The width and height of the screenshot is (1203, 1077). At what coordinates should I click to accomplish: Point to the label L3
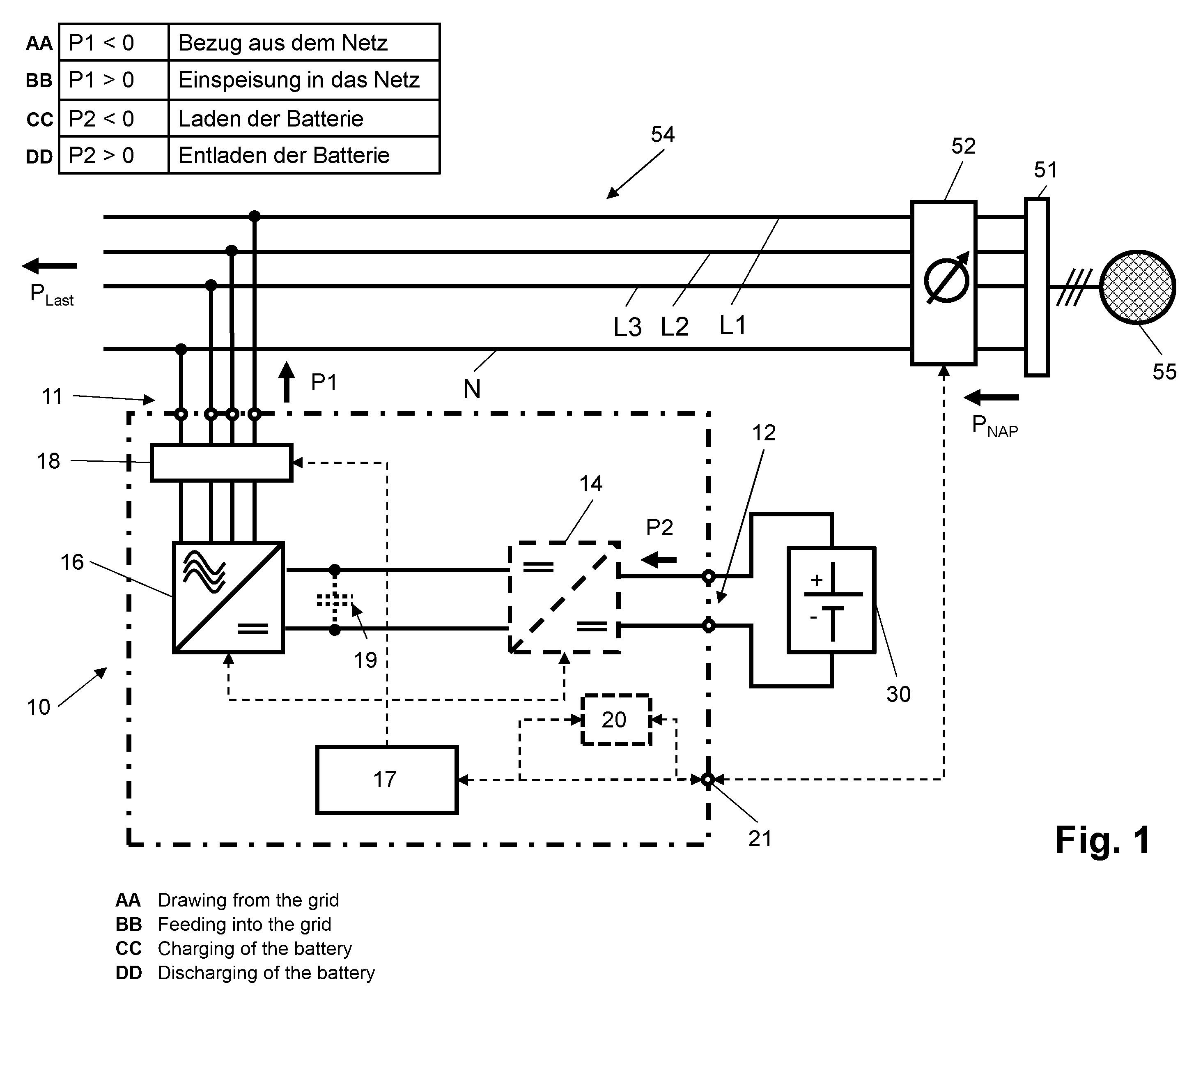coord(627,327)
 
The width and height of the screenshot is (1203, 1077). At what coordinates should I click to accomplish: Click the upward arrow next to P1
coord(287,382)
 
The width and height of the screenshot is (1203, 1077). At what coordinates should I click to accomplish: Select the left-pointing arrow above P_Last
coord(50,266)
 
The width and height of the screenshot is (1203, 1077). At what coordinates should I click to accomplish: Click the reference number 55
coord(1164,372)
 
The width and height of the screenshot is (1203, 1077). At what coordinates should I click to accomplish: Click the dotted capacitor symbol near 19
coord(335,600)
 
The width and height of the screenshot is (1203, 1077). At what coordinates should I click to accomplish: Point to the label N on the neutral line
coord(471,389)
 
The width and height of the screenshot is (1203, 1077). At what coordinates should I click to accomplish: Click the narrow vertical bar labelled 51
coord(1036,287)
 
